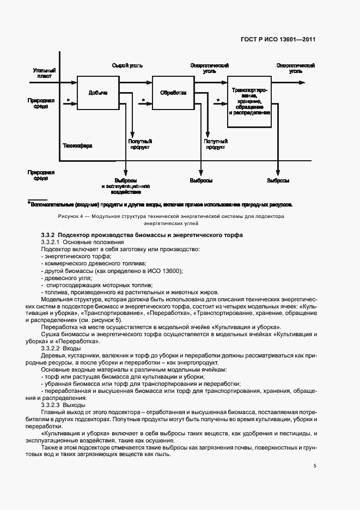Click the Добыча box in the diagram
point(98,93)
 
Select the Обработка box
point(173,93)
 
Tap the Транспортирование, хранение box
point(249,101)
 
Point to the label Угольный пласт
point(43,74)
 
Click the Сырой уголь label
point(127,65)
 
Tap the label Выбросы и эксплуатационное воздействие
point(126,186)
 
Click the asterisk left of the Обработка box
point(143,100)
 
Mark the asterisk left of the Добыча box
point(68,100)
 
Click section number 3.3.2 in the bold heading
point(50,234)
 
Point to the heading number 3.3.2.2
point(52,348)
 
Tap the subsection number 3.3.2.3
point(52,405)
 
